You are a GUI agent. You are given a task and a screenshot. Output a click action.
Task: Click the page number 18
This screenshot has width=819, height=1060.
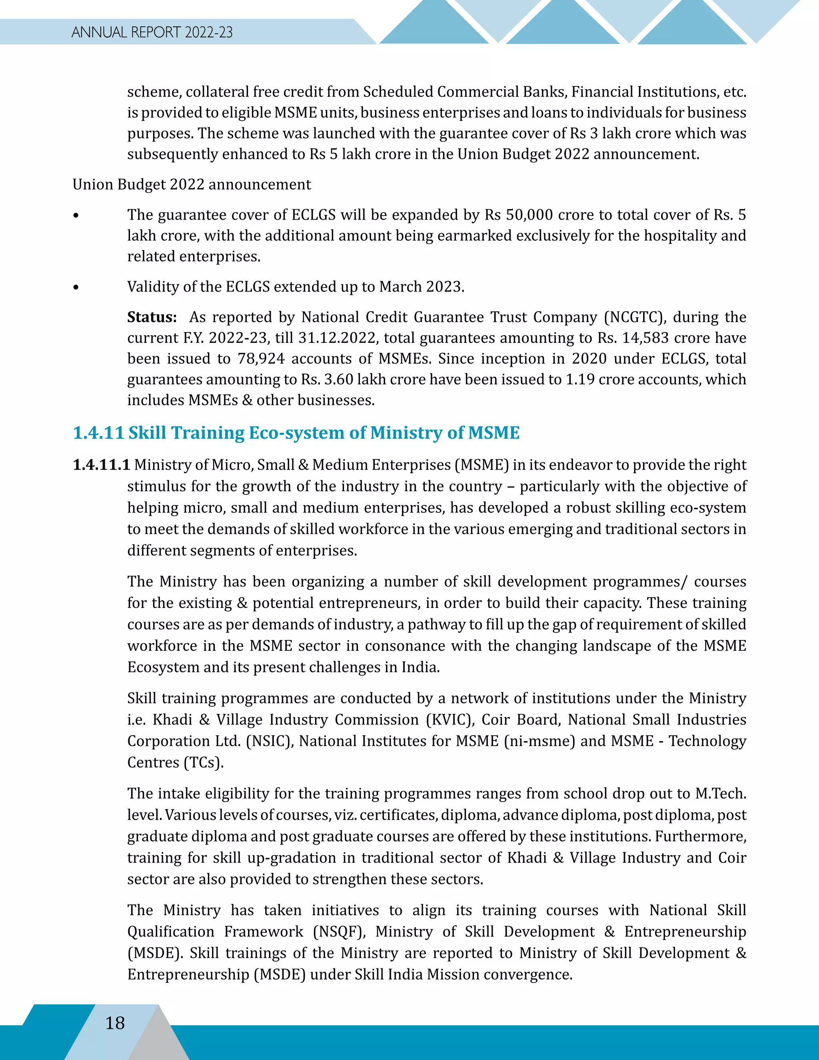(x=115, y=1023)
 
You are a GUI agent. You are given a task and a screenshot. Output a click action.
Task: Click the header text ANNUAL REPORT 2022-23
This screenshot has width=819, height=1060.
(x=152, y=32)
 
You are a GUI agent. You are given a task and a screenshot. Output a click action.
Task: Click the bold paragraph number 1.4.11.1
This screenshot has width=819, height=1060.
(x=101, y=464)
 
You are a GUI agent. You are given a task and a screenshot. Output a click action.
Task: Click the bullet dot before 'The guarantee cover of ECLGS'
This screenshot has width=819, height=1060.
(x=76, y=216)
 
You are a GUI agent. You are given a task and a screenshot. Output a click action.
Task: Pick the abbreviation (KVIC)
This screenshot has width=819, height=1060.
(x=450, y=719)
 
